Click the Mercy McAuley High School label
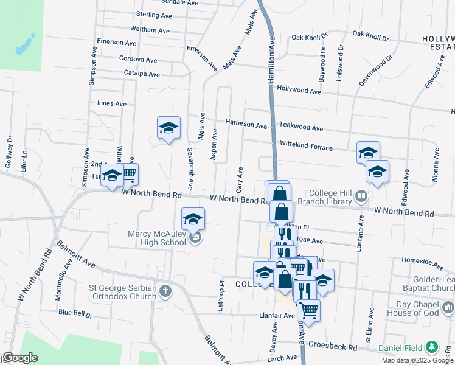point(157,238)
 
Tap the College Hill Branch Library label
point(330,197)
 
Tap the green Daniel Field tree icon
point(431,347)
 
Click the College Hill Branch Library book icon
point(361,196)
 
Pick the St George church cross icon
point(165,292)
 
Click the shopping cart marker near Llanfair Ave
point(309,310)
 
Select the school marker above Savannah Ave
point(168,128)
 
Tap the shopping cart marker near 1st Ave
point(128,175)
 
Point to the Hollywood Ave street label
point(298,90)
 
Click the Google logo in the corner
point(20,358)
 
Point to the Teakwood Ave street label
point(300,128)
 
